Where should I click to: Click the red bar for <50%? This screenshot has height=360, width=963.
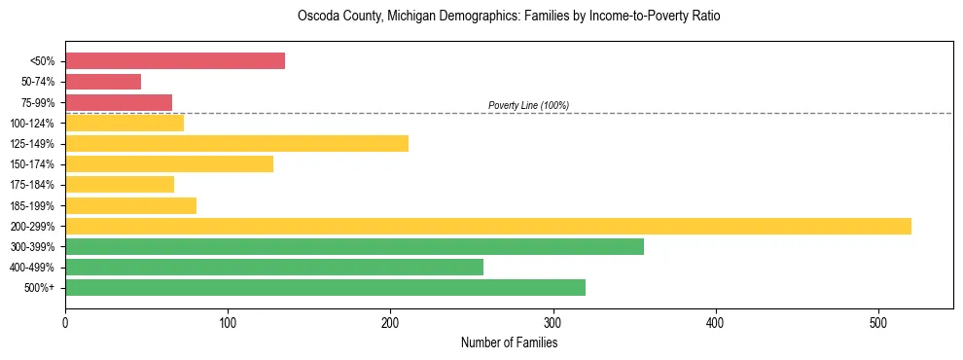click(x=175, y=61)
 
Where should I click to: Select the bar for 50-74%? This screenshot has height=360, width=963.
click(x=103, y=82)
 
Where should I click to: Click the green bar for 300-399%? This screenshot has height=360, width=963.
click(x=354, y=247)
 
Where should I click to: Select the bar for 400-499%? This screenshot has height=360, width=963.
click(x=274, y=268)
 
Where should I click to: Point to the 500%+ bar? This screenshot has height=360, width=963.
click(x=325, y=288)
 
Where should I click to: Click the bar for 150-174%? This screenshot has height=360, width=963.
click(x=169, y=164)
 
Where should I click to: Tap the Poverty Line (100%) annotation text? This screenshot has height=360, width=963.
click(x=528, y=105)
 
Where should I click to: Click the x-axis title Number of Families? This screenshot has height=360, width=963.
click(x=510, y=342)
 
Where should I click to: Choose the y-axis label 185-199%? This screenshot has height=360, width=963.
click(x=33, y=206)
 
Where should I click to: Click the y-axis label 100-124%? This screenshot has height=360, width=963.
click(x=33, y=124)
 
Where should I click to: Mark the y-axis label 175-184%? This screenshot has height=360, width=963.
click(x=33, y=185)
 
